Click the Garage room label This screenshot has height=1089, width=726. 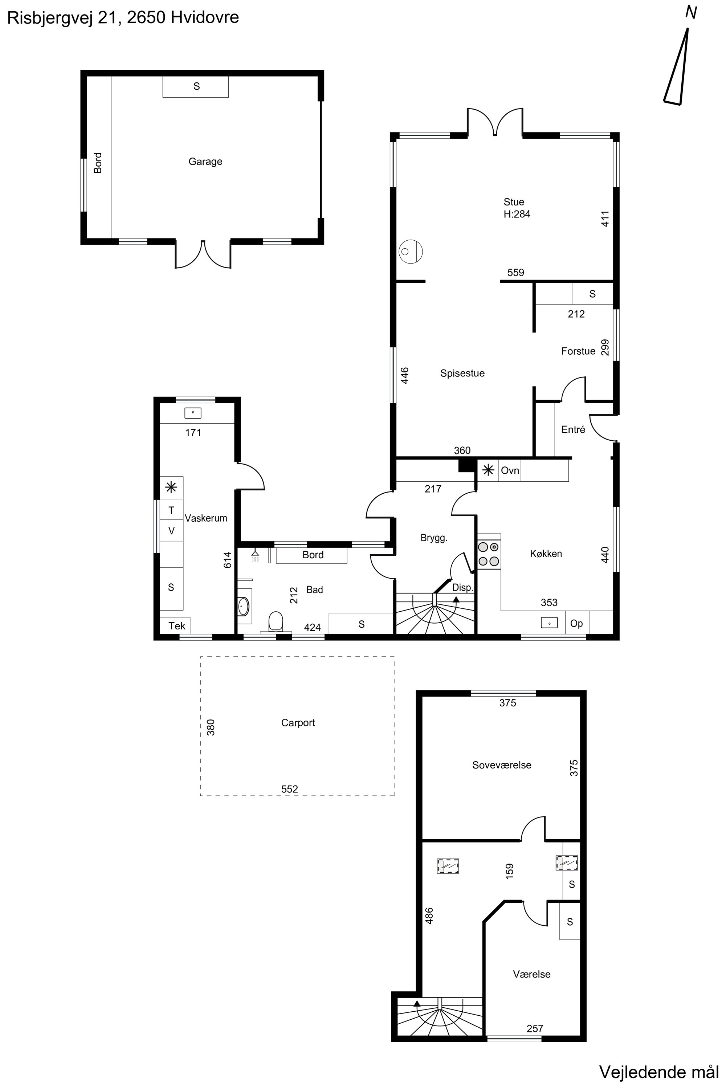pyautogui.click(x=205, y=162)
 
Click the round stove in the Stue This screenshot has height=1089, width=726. pyautogui.click(x=411, y=252)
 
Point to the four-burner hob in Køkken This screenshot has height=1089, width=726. pyautogui.click(x=489, y=554)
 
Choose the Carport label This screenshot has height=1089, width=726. pyautogui.click(x=298, y=723)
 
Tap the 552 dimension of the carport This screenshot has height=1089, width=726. pyautogui.click(x=290, y=789)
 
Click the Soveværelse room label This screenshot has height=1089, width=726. pyautogui.click(x=501, y=765)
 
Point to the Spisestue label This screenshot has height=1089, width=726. pyautogui.click(x=462, y=373)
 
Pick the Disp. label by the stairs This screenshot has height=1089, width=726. pyautogui.click(x=462, y=588)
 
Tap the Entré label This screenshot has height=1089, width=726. pyautogui.click(x=573, y=430)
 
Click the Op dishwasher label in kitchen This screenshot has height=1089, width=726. pyautogui.click(x=576, y=623)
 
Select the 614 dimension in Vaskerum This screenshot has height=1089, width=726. pyautogui.click(x=227, y=560)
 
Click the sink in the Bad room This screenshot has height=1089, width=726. pyautogui.click(x=244, y=605)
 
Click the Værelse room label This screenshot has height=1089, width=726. pyautogui.click(x=531, y=974)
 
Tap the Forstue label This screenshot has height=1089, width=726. pyautogui.click(x=578, y=351)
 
